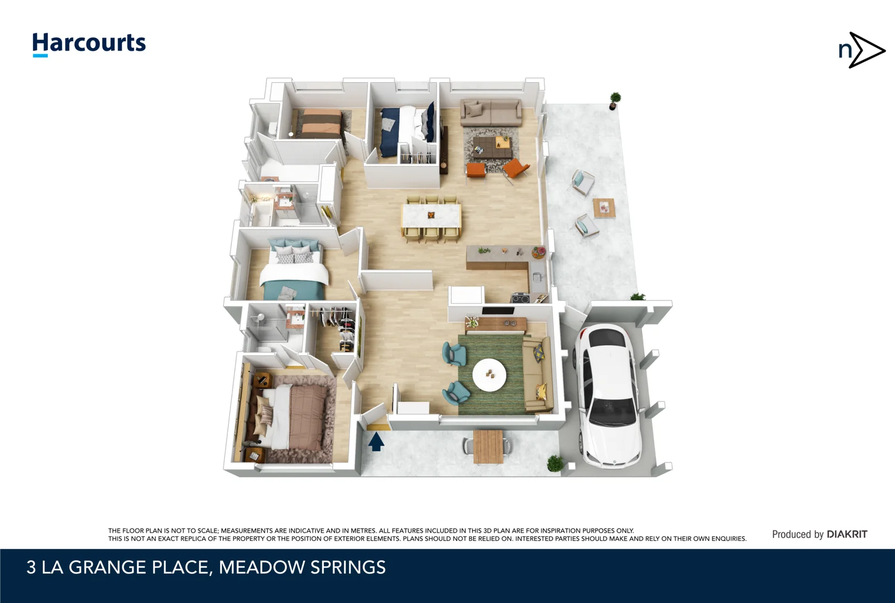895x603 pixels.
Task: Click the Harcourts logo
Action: tap(89, 44)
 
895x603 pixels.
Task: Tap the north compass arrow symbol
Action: tap(863, 50)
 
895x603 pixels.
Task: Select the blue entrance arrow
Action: tap(376, 442)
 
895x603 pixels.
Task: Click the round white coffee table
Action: tap(489, 375)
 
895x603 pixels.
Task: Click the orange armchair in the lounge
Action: tap(515, 167)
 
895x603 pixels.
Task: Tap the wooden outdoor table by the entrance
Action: tap(488, 446)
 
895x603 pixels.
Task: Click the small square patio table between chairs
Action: tap(604, 208)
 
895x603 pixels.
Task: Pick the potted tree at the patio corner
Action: tap(615, 100)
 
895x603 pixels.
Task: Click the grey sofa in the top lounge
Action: tap(491, 113)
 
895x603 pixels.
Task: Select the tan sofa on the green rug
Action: tap(538, 374)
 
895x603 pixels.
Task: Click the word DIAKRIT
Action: tap(846, 534)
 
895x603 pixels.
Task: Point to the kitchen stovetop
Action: tap(521, 298)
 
